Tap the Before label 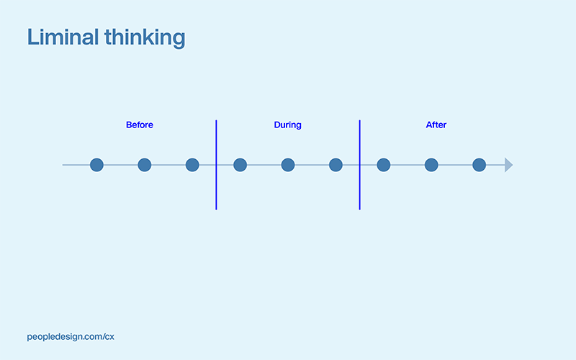140,125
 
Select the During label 287,125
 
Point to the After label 436,125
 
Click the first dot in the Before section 96,165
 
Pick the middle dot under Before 145,165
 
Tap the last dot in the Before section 192,165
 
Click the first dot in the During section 240,165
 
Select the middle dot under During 288,165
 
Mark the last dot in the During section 336,165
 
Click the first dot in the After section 384,165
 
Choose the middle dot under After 431,165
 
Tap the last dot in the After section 479,165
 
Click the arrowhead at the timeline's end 508,165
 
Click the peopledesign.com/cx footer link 71,336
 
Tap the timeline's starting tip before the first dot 64,165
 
